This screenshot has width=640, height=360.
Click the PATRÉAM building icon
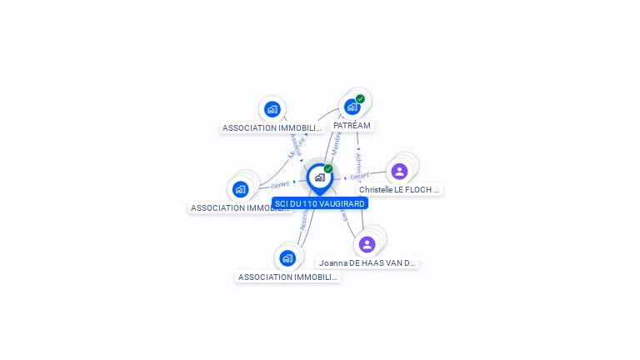tap(352, 107)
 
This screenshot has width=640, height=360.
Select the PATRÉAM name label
tap(352, 126)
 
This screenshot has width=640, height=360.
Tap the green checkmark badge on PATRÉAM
tap(360, 99)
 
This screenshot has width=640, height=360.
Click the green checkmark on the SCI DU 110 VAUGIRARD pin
tap(328, 169)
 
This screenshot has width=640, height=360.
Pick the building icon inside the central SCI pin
tap(319, 177)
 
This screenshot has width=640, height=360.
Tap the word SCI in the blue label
tap(281, 203)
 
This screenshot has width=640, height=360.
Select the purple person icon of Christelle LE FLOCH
tap(399, 171)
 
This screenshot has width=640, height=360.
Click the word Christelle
tap(377, 190)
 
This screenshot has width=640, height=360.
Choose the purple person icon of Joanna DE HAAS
tap(367, 244)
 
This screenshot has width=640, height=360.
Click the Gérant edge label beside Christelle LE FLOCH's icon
tap(360, 176)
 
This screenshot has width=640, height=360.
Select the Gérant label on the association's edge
tap(280, 185)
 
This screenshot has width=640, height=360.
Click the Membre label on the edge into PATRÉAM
tap(336, 142)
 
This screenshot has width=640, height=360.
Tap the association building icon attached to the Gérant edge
tap(241, 189)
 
